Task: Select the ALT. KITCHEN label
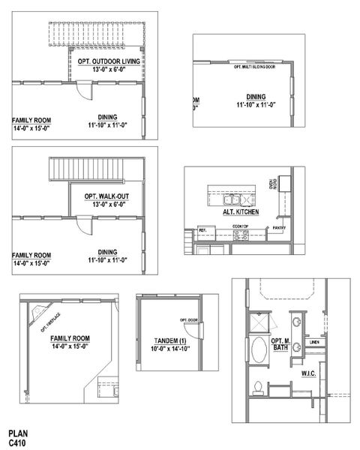click(x=241, y=212)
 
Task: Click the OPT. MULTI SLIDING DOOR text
click(x=255, y=67)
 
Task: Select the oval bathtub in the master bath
click(x=259, y=351)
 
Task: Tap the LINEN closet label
click(x=314, y=343)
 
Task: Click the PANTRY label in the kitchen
click(x=279, y=227)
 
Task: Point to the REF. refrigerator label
click(x=202, y=229)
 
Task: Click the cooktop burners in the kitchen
click(x=241, y=234)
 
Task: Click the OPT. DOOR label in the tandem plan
click(x=188, y=320)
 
